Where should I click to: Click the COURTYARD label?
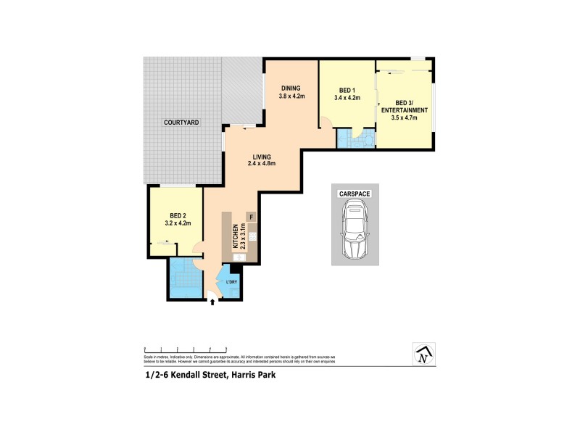(x=181, y=123)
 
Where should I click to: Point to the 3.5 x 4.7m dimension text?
(x=409, y=117)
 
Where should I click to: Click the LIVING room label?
(x=262, y=157)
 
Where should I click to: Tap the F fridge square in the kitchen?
(x=251, y=217)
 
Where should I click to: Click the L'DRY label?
(x=232, y=281)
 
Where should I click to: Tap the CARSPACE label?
(x=355, y=194)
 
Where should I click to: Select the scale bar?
(x=186, y=349)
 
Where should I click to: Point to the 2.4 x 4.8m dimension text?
(x=262, y=164)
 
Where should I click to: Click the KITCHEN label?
(x=236, y=237)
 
